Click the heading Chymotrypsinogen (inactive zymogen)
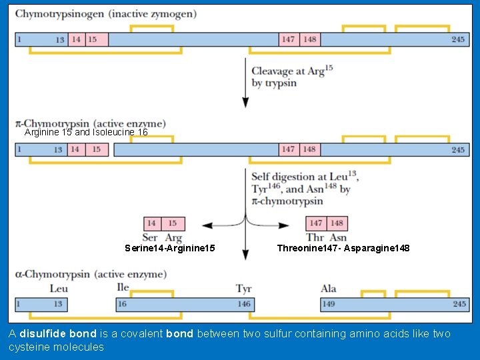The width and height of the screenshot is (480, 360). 105,13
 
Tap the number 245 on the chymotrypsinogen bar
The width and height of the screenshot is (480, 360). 457,39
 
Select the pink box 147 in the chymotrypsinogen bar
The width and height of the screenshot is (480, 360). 288,39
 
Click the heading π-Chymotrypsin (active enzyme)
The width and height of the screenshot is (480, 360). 90,123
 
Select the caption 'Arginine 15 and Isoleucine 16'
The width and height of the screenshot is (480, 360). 86,133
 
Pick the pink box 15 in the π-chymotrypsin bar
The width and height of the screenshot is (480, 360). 97,149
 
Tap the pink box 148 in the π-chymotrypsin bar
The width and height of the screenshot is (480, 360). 309,149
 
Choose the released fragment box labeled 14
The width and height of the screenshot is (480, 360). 152,223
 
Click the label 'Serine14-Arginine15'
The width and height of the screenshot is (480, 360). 170,248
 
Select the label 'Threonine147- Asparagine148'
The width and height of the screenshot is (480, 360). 343,248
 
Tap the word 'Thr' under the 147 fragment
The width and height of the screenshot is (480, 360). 315,237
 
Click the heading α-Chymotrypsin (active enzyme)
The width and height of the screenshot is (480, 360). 90,274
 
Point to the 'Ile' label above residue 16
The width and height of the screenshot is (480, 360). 123,288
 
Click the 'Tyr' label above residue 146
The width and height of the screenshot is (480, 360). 243,289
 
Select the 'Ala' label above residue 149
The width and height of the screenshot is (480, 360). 328,289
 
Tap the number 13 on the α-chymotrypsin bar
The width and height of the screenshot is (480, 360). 57,304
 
